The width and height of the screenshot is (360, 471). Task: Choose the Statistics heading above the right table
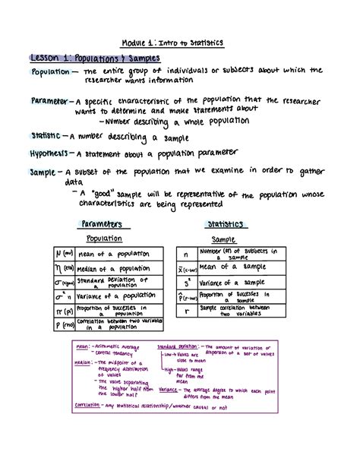click(225, 225)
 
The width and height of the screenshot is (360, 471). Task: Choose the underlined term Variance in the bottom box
click(168, 389)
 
